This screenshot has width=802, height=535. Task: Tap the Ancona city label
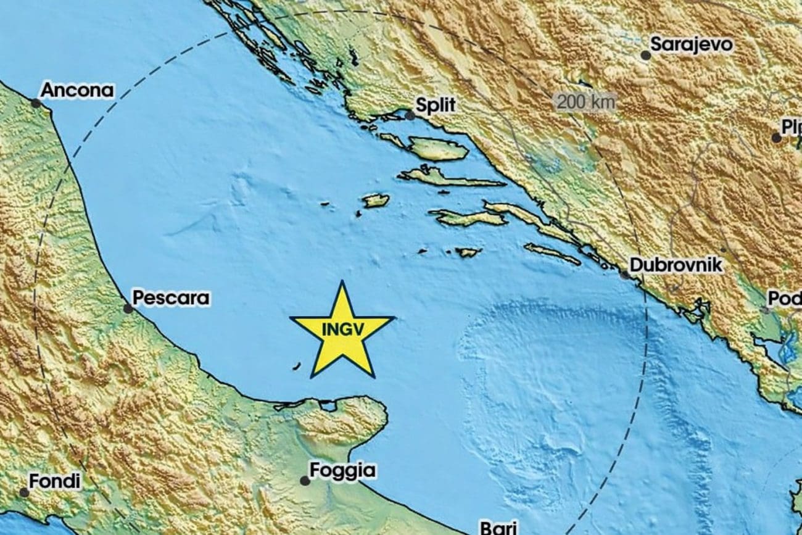pos(77,91)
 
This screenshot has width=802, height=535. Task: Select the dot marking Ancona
pos(36,103)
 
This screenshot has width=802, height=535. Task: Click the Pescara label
pos(171,299)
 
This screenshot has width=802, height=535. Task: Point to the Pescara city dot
pos(128,308)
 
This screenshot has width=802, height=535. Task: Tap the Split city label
pos(436,105)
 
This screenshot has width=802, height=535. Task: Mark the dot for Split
pos(410,115)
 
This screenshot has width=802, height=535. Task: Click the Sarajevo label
pos(692,44)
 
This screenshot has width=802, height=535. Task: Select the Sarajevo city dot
pos(645,55)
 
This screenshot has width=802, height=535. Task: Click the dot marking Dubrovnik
pos(625,274)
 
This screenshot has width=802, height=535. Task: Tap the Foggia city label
pos(342,471)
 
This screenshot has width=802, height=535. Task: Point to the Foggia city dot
pos(305,480)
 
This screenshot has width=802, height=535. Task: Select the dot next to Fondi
pos(23,492)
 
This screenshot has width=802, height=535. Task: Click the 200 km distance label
pos(587,102)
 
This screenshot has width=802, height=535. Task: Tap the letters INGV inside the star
pos(342,330)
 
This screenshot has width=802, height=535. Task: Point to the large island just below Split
pos(437,149)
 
